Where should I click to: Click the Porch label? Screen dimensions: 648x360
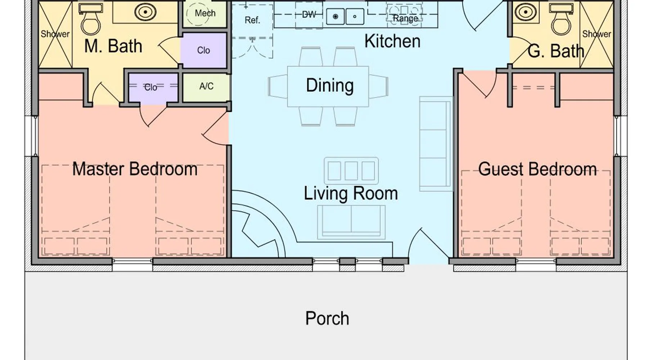pyautogui.click(x=327, y=319)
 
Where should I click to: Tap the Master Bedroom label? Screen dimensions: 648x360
pyautogui.click(x=135, y=169)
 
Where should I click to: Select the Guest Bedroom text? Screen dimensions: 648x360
pyautogui.click(x=537, y=169)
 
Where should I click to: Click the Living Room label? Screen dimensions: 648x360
pyautogui.click(x=351, y=193)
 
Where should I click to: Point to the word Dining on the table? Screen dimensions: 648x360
pyautogui.click(x=330, y=86)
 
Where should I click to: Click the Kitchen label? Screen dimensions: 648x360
pyautogui.click(x=392, y=41)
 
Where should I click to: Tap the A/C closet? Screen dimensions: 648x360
pyautogui.click(x=206, y=87)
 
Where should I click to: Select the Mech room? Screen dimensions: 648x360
pyautogui.click(x=205, y=14)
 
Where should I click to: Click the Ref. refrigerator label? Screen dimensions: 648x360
pyautogui.click(x=252, y=20)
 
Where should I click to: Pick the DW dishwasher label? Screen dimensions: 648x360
pyautogui.click(x=309, y=14)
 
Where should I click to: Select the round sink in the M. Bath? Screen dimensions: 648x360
pyautogui.click(x=145, y=12)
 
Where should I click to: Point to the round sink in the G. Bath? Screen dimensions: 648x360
pyautogui.click(x=526, y=12)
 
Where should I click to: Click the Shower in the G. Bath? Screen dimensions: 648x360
pyautogui.click(x=597, y=34)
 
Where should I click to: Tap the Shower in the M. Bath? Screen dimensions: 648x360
pyautogui.click(x=55, y=34)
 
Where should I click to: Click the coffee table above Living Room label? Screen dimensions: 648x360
pyautogui.click(x=351, y=171)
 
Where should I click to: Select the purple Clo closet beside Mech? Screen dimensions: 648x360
pyautogui.click(x=203, y=50)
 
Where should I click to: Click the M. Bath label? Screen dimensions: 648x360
pyautogui.click(x=113, y=46)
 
